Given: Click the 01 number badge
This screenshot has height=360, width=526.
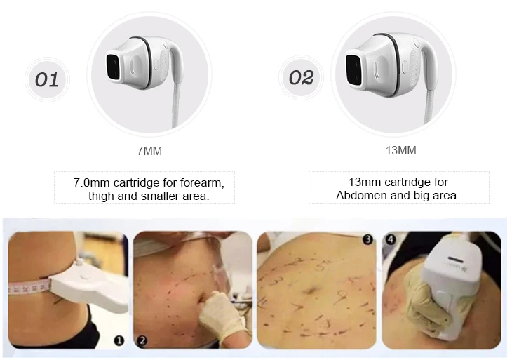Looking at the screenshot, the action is click(x=47, y=79).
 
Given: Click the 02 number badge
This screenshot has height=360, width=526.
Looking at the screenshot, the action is click(x=301, y=77).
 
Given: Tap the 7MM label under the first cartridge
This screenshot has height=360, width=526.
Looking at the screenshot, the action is click(x=149, y=151).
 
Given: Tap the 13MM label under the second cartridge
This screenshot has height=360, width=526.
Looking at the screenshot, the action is click(x=401, y=150).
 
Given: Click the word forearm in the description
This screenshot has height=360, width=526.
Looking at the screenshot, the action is click(x=202, y=182).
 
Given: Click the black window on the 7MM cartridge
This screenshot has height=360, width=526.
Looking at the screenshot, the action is click(x=113, y=65).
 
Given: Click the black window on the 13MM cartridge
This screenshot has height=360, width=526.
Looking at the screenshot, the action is click(x=353, y=69).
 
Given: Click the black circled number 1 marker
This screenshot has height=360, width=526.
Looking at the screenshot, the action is click(x=119, y=340).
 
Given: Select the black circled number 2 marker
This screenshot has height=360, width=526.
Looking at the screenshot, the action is click(x=142, y=340).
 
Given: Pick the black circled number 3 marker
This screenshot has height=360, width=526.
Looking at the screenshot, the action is click(x=367, y=239).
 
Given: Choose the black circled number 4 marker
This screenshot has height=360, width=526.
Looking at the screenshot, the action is click(x=391, y=239).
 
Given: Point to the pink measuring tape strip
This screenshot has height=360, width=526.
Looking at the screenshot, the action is click(x=29, y=288).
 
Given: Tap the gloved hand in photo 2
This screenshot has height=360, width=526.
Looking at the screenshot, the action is click(x=223, y=315).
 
